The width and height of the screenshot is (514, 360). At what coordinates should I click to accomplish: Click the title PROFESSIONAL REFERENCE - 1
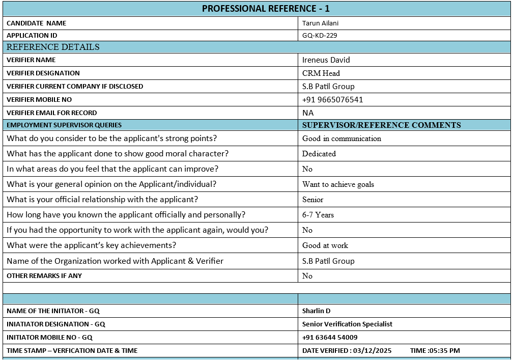click(x=266, y=9)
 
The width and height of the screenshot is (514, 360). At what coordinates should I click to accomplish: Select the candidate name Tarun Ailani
click(x=320, y=23)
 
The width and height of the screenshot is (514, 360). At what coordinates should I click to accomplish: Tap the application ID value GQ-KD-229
click(x=320, y=36)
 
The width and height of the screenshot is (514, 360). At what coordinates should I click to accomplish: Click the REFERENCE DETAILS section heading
click(x=53, y=47)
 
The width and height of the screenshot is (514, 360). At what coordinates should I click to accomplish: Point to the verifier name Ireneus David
click(x=326, y=60)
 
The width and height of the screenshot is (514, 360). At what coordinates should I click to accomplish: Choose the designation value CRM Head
click(x=321, y=73)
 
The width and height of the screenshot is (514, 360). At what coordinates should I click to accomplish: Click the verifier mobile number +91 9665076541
click(x=332, y=99)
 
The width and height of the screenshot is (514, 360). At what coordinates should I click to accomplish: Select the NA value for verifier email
click(x=308, y=113)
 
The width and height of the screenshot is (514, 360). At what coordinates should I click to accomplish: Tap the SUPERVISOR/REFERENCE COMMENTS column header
click(x=381, y=125)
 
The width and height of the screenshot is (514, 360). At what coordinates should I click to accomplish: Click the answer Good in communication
click(x=341, y=139)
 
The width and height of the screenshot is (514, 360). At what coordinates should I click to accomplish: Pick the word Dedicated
click(x=319, y=154)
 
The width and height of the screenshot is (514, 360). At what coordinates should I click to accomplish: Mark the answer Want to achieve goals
click(x=338, y=184)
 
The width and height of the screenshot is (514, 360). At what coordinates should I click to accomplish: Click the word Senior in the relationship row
click(x=312, y=200)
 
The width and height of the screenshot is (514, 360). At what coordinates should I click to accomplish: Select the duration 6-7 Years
click(x=318, y=215)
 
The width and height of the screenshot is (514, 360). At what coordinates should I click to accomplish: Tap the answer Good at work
click(x=325, y=245)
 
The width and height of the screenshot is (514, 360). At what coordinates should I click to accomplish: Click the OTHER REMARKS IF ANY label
click(x=44, y=276)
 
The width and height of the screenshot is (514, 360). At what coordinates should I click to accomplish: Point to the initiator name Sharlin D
click(x=316, y=311)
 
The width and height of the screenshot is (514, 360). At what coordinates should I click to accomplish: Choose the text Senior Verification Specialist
click(x=347, y=324)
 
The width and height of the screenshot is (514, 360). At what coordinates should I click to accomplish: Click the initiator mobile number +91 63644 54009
click(x=330, y=337)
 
